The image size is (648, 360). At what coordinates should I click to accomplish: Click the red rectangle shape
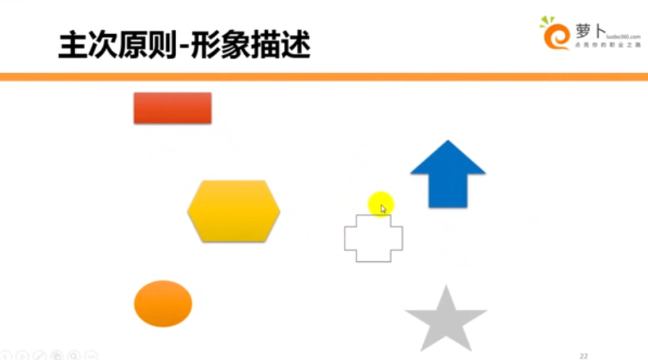[x=172, y=108]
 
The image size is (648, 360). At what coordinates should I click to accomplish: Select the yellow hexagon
[x=234, y=211]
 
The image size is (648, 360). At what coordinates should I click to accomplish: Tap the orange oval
[x=163, y=304]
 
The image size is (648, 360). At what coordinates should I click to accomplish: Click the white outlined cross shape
[x=374, y=238]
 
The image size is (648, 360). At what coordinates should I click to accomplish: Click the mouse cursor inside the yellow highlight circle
[x=383, y=208]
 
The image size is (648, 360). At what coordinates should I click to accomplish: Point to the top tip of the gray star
[x=446, y=288]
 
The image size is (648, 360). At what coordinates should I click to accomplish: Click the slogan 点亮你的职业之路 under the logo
[x=608, y=45]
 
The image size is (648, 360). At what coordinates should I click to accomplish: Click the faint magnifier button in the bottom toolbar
[x=74, y=356]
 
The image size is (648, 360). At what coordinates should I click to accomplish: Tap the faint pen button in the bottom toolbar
[x=40, y=356]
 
